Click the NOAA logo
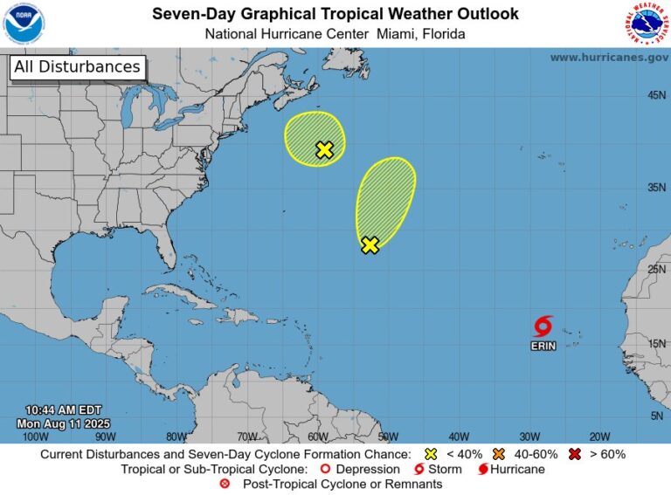tap(24, 24)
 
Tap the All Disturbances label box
tap(77, 67)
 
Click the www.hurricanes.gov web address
tap(608, 57)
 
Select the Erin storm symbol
tap(543, 327)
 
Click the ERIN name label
tap(543, 347)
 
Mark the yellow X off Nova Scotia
tap(324, 149)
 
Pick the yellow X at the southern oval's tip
tap(370, 245)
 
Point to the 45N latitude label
tap(657, 95)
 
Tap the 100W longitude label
tap(35, 437)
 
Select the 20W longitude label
tap(598, 437)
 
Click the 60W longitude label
tap(317, 437)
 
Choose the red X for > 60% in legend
tap(574, 454)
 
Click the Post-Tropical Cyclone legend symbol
tap(225, 484)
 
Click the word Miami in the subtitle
tap(394, 34)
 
